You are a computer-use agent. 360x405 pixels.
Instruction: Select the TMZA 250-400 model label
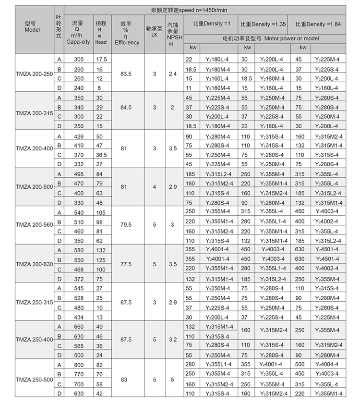pyautogui.click(x=35, y=339)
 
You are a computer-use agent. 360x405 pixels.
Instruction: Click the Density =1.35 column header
pyautogui.click(x=262, y=24)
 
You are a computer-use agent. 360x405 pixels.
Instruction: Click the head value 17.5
pyautogui.click(x=101, y=59)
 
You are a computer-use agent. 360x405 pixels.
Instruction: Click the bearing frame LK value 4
pyautogui.click(x=154, y=188)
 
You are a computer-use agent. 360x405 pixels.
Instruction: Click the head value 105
pyautogui.click(x=101, y=212)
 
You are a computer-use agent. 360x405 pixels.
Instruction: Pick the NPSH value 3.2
pyautogui.click(x=173, y=339)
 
